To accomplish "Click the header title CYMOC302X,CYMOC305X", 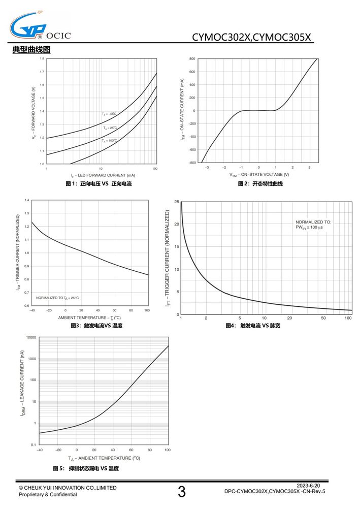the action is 251,37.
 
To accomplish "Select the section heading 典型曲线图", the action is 31,50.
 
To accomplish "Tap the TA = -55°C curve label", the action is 109,114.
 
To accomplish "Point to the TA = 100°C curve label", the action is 110,141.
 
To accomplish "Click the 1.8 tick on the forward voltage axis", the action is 42,58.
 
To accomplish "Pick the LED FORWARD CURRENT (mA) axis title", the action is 103,175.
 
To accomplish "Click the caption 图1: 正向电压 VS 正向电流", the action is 99,184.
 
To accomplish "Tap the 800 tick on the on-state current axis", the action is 192,58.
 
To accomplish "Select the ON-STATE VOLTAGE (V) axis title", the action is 259,175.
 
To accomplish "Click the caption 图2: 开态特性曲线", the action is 260,184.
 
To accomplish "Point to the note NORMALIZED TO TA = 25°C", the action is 57,298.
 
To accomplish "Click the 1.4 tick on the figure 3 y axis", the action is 26,200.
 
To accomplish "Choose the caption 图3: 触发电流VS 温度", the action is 97,326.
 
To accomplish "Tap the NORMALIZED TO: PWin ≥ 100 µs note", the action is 313,225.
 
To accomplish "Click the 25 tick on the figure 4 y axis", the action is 176,202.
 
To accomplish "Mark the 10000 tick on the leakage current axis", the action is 31,337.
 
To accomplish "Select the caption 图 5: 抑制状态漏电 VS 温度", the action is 86,468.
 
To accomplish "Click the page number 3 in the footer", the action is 182,491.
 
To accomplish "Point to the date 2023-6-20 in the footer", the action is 308,485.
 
